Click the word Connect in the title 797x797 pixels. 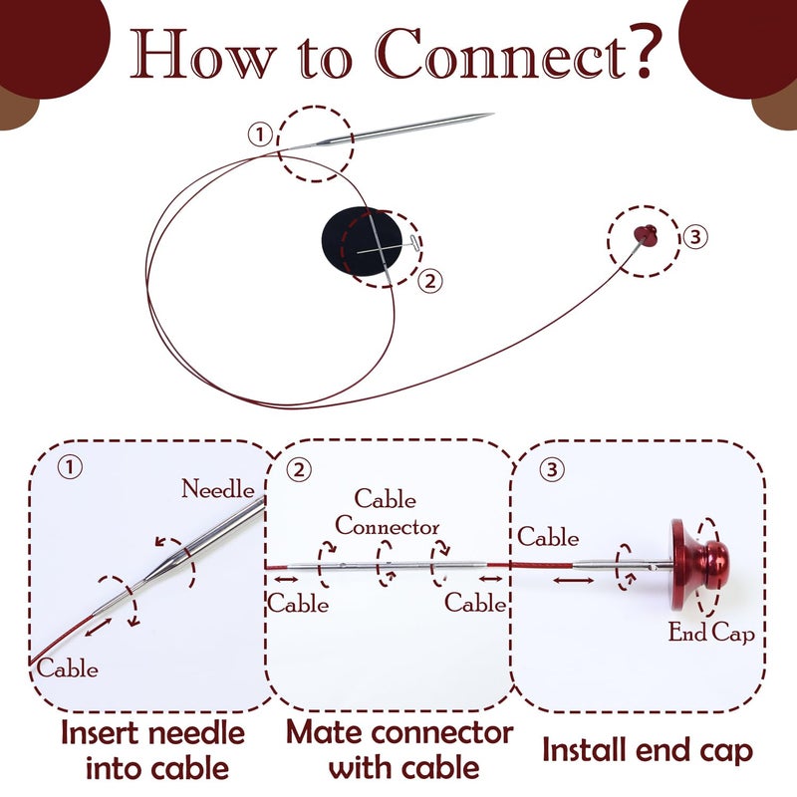(x=500, y=55)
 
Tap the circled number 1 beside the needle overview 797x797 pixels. (x=260, y=134)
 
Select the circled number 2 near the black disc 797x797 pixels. (x=430, y=281)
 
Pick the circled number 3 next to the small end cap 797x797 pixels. (x=694, y=237)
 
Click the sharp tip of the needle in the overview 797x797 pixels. (x=493, y=114)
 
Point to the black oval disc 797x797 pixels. (x=362, y=241)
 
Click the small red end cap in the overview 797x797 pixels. (x=646, y=235)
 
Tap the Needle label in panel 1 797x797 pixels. (x=218, y=489)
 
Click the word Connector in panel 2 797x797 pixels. (x=387, y=526)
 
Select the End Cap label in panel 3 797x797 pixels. (x=711, y=633)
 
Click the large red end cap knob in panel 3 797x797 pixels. (x=700, y=565)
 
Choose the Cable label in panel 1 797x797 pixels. (x=67, y=667)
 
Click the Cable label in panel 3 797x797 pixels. (x=548, y=537)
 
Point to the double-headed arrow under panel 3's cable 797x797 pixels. (x=574, y=581)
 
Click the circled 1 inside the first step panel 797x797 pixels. (x=70, y=466)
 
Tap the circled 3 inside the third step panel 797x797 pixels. (x=552, y=468)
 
